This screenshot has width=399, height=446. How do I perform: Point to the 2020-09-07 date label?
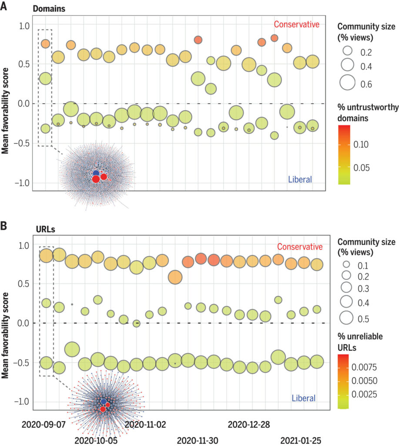point(42,423)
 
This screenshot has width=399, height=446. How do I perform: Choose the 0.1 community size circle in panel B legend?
point(347,264)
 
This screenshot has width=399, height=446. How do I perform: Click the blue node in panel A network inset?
point(96,173)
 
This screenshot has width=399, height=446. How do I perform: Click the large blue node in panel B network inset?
point(103,401)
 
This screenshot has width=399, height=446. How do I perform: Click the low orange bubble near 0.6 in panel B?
point(175,277)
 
